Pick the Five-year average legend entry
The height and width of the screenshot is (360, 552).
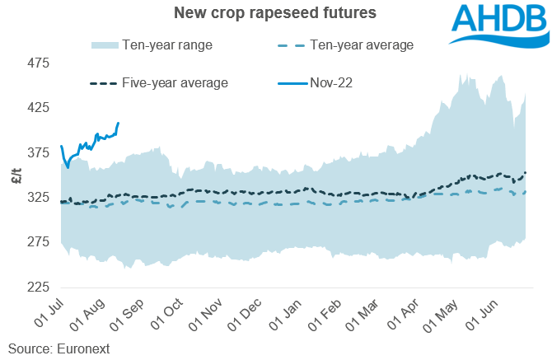coord(157,82)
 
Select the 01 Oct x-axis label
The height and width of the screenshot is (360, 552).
coord(165,316)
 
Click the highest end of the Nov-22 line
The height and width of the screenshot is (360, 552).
coord(119,123)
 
